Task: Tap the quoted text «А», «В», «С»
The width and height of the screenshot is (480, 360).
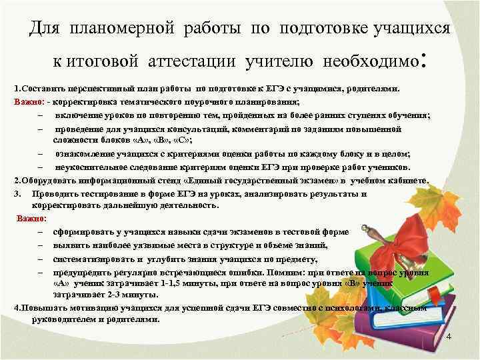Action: coord(155,141)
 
